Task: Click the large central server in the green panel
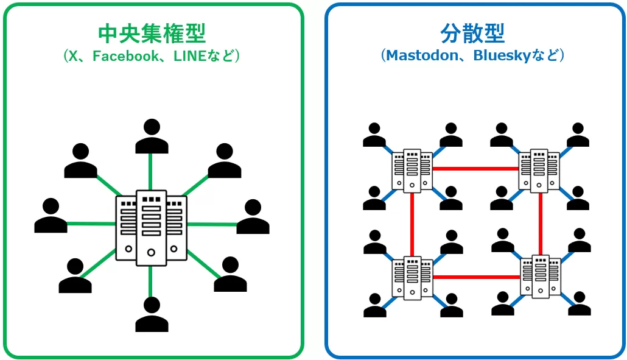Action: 151,227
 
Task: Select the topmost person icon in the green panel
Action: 152,136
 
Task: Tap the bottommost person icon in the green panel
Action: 152,314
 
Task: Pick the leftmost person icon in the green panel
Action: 51,216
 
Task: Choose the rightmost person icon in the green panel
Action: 253,217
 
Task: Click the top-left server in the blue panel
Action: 412,170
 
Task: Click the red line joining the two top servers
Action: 475,169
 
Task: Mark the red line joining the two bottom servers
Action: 475,277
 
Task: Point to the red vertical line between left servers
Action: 412,224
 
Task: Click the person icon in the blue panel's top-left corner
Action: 374,135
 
